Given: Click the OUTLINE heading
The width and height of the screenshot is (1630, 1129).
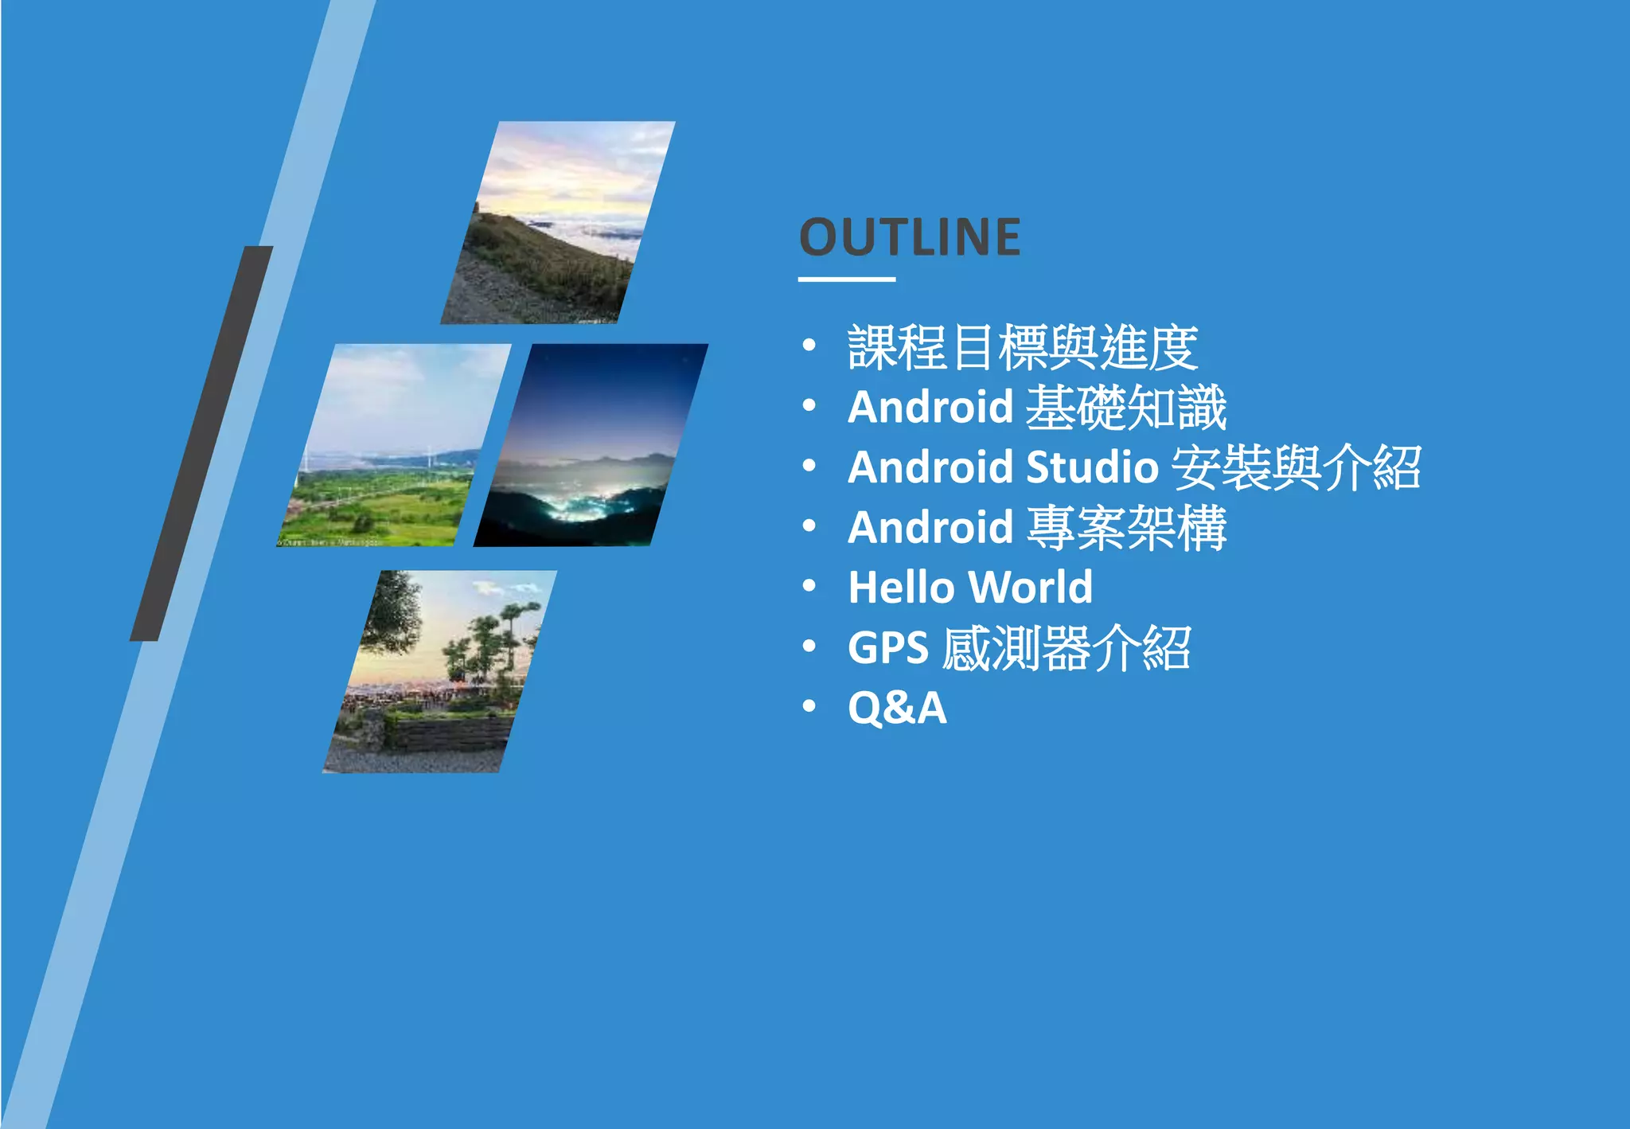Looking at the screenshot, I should point(910,237).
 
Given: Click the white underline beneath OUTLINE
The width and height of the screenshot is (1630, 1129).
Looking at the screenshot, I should point(847,279).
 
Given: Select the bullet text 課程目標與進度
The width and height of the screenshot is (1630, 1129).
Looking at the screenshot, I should point(1022,348).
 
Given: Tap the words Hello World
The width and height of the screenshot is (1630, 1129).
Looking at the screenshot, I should point(970,588).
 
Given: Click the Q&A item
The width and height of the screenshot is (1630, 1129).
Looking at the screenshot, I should point(897,708).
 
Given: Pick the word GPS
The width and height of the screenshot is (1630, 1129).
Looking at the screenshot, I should point(887,647).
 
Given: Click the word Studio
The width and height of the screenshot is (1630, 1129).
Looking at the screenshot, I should point(1092,467).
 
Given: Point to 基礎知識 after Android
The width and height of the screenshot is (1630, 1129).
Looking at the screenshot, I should point(1125,408).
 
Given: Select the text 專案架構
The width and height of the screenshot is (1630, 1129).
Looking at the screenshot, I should point(1125,528).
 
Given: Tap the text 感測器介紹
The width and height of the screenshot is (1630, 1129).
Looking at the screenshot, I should point(1066,647).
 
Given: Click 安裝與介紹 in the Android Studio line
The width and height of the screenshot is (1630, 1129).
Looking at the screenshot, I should point(1297,467).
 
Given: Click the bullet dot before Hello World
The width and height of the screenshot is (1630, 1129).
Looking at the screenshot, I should point(809,587).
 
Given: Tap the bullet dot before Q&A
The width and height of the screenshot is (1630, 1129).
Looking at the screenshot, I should point(809,706).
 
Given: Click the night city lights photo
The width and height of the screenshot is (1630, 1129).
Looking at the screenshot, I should point(591,446).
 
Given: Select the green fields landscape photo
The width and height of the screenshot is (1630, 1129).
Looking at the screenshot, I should point(394,446).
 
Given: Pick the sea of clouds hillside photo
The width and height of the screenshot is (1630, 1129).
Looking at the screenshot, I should point(557,223).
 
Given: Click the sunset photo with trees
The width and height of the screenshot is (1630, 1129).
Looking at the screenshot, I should point(440,671).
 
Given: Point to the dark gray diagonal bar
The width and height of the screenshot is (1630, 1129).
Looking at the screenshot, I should point(201,443).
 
